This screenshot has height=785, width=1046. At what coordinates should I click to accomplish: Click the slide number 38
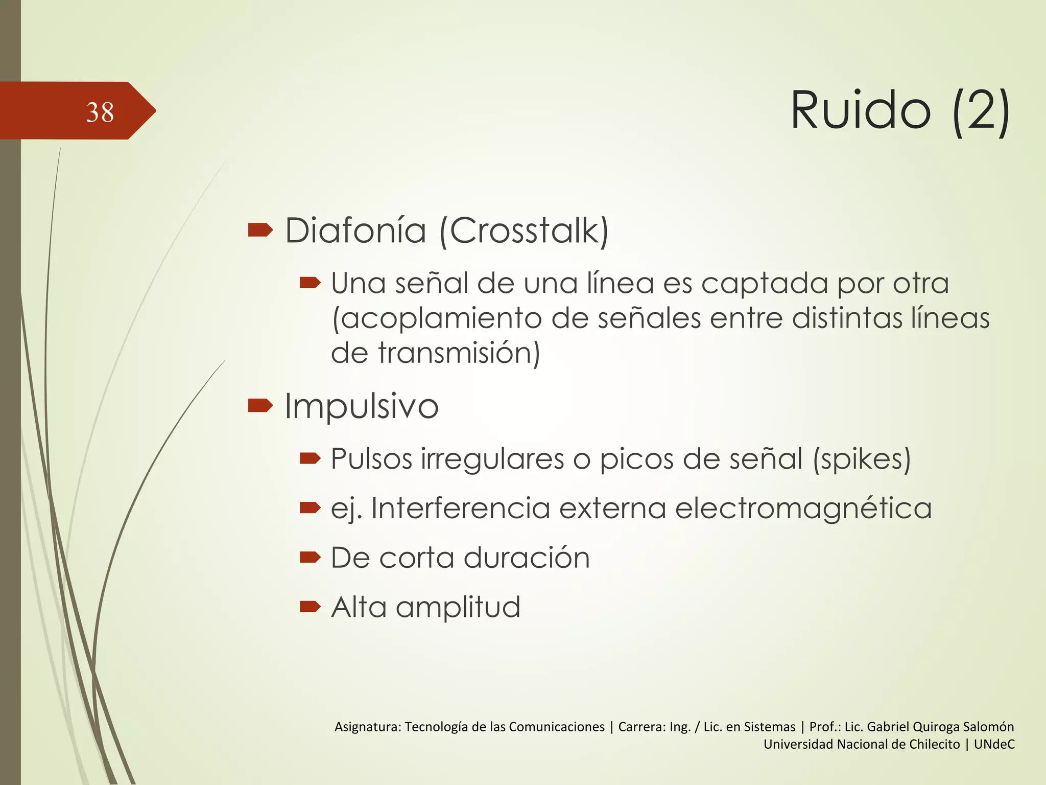pos(100,112)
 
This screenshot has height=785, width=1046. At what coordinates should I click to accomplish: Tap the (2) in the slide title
pos(981,112)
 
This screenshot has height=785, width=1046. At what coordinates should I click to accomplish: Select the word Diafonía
pos(355,230)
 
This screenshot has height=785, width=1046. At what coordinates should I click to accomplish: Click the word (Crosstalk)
pos(524,232)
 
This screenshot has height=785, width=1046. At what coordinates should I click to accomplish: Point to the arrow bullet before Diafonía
pos(260,230)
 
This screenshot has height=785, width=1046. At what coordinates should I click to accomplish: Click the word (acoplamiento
pos(437,319)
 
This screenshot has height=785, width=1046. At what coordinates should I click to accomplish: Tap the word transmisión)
pos(459,353)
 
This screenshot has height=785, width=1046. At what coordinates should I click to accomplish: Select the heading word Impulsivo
pos(362,406)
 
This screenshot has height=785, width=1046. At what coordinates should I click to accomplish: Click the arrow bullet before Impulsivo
pos(260,406)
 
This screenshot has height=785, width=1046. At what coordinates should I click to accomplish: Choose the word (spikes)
pos(862,459)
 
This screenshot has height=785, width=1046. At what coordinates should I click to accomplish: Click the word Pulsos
pos(371,459)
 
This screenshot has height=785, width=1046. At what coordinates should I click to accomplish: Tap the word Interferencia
pos(460,509)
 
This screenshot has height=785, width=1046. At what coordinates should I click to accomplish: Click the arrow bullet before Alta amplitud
pos(310,607)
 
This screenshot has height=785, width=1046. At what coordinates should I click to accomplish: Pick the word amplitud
pos(458,608)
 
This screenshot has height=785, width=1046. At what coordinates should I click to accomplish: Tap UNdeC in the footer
pos(994,744)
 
